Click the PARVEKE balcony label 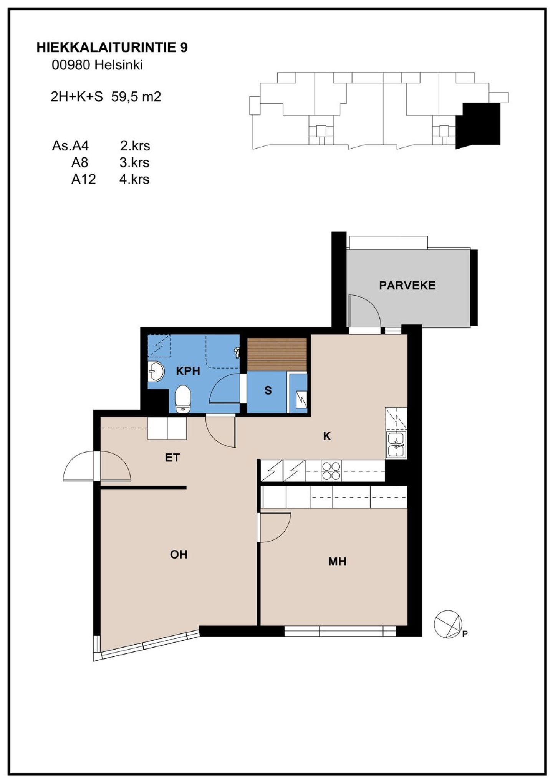tap(407, 286)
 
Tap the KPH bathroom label tap(188, 371)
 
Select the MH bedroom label tap(337, 562)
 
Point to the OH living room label tap(179, 554)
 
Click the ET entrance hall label tap(172, 458)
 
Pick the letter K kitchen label tap(327, 436)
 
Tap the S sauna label tap(268, 390)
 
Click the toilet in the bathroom tap(183, 399)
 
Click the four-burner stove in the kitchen tap(331, 471)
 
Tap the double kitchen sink tap(396, 445)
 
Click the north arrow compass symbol tap(448, 624)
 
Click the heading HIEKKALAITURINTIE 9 tap(112, 48)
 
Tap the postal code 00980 tap(71, 65)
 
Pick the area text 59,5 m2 tap(136, 97)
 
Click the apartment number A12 tap(83, 179)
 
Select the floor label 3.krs tap(134, 163)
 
